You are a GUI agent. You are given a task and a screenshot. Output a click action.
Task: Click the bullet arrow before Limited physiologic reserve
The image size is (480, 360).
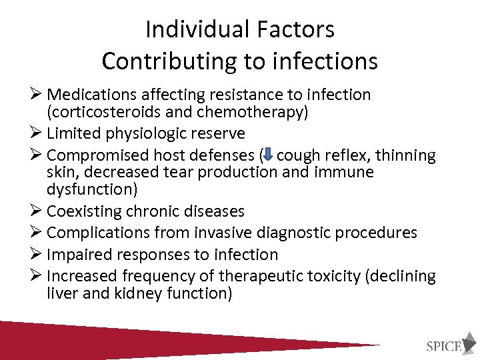39,133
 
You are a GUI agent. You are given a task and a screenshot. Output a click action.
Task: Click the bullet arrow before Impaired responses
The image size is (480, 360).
39,254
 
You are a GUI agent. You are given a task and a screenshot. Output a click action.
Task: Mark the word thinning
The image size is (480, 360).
407,156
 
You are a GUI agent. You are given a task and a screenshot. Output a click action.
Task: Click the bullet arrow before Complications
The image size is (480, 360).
39,232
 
